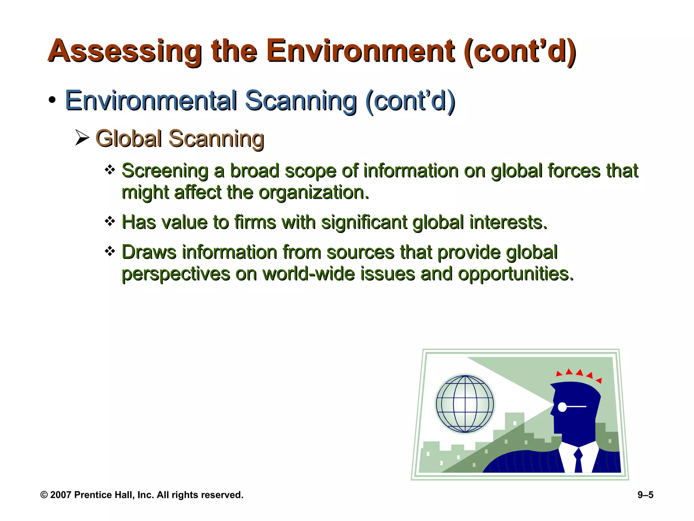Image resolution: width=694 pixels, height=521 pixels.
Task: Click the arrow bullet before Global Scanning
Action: pos(82,138)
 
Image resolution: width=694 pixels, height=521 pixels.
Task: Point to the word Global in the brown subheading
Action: pos(128,139)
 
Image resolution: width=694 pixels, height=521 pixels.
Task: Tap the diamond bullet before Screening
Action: pos(110,170)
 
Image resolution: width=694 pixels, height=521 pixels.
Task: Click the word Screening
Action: pos(165,171)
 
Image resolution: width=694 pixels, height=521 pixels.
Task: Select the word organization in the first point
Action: pos(313,193)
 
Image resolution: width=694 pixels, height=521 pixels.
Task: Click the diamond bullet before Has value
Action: pos(110,221)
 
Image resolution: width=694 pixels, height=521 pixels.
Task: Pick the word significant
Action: pos(364,223)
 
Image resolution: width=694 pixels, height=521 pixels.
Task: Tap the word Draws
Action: pos(149,252)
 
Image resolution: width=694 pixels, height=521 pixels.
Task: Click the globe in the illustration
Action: pos(465,404)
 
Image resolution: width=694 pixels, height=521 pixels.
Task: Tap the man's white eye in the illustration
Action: pos(562,407)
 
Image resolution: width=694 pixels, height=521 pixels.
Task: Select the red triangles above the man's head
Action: pos(579,374)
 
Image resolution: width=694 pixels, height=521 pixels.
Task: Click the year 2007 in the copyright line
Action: pos(61,495)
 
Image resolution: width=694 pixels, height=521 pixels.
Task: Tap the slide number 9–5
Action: pos(645,495)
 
